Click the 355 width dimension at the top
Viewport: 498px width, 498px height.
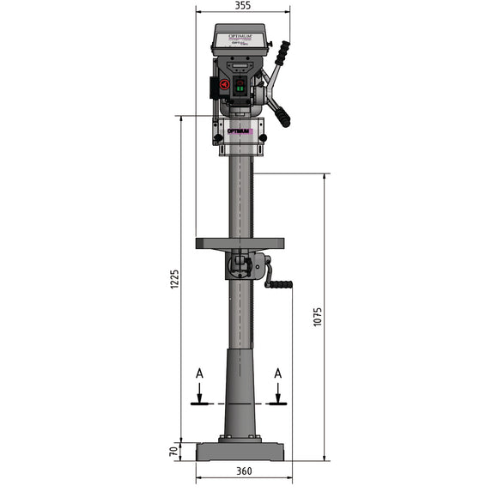tap(243, 6)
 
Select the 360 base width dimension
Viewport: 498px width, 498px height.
tap(244, 471)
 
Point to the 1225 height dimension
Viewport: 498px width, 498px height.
tap(174, 279)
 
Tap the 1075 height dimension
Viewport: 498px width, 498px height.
tap(318, 317)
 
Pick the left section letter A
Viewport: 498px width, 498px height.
tap(199, 373)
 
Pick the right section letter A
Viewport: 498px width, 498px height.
tap(277, 373)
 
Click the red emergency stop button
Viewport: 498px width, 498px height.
tap(223, 86)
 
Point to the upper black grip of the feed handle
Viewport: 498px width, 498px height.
tap(282, 52)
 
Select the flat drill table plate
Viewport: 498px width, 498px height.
tap(240, 243)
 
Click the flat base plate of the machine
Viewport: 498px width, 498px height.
tap(240, 452)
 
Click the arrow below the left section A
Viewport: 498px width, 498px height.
tap(199, 395)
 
